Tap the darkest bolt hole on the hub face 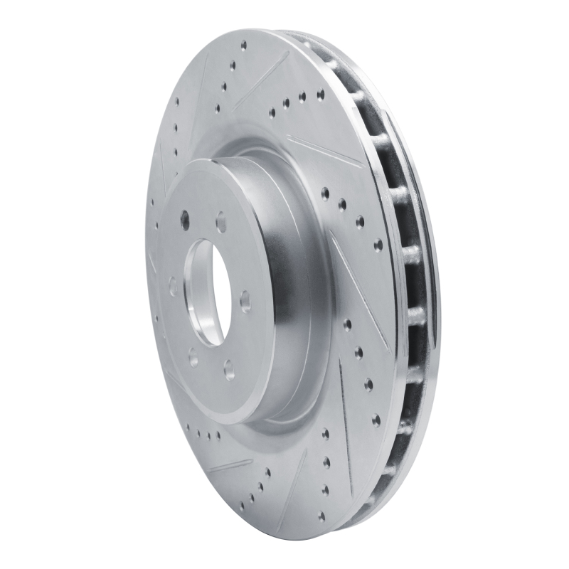pos(186,219)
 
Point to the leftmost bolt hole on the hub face pos(173,287)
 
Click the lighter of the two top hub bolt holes pos(220,222)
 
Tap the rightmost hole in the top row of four pos(320,93)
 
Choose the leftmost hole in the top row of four pos(271,112)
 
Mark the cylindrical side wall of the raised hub pos(284,284)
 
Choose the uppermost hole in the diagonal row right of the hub pos(325,191)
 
